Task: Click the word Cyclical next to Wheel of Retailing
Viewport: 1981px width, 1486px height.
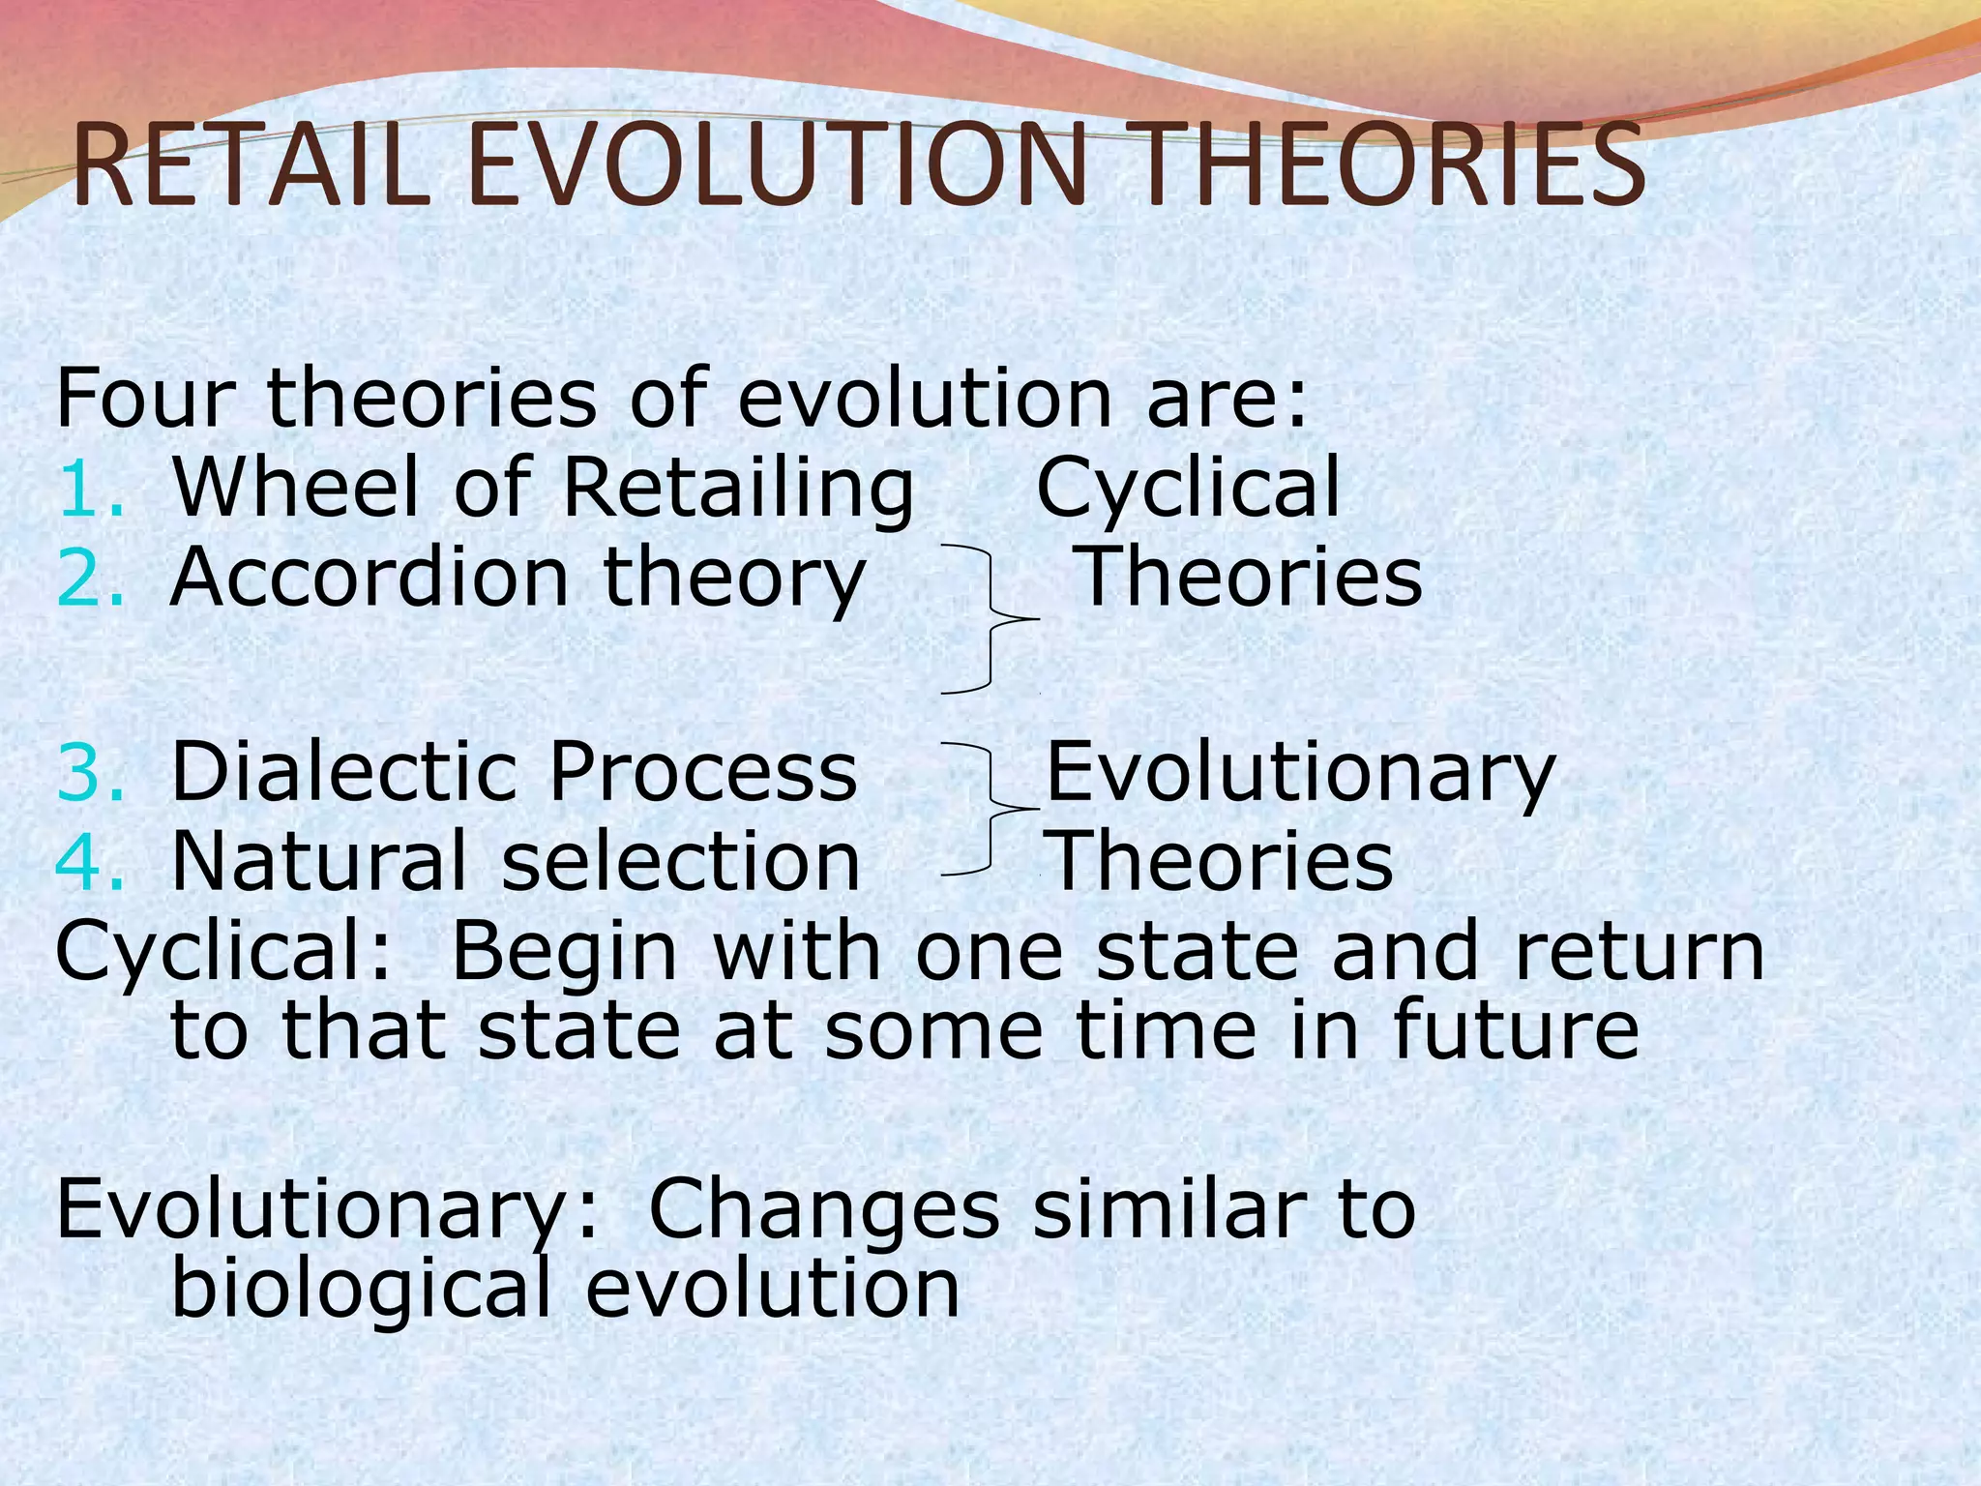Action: coord(1188,490)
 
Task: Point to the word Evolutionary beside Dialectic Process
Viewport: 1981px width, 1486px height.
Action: coord(1300,774)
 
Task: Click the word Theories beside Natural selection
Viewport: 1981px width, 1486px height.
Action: coord(1221,861)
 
